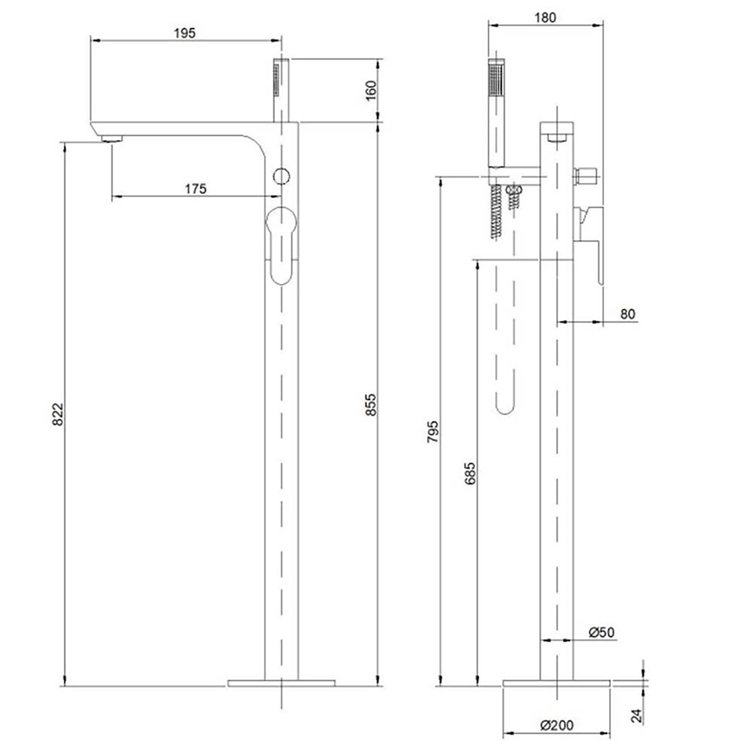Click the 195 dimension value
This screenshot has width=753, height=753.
coord(184,33)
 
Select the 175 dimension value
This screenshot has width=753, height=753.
coord(195,189)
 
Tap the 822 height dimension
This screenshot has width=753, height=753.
coord(57,414)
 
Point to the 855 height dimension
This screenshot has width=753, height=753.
coord(371,404)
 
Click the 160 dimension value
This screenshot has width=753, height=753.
coord(371,90)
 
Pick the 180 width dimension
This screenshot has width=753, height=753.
coord(545,17)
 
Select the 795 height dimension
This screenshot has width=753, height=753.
coord(433,431)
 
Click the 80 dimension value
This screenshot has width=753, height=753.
coord(627,314)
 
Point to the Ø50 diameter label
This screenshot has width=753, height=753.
coord(601,632)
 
